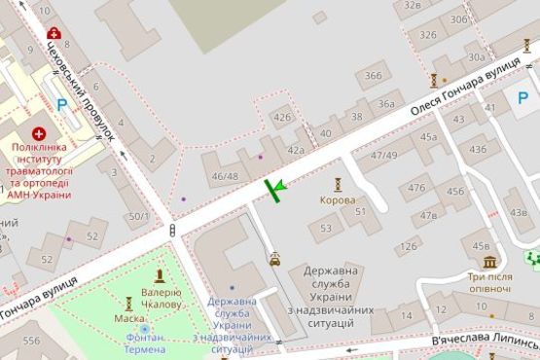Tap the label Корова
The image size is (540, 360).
point(338,200)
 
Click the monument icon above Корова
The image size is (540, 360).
point(338,184)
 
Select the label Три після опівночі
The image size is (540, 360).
point(489,282)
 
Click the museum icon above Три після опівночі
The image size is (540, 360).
point(489,262)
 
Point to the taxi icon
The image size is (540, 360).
point(276,259)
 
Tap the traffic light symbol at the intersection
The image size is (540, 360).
point(173,231)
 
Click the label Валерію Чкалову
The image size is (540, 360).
point(161,298)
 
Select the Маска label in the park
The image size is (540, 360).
point(129,318)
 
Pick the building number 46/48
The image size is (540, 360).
point(224,176)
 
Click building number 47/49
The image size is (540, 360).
point(383,155)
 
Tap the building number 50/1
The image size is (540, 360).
point(138,216)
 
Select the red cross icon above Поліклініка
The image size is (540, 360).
point(38,133)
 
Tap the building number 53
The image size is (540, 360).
point(325,229)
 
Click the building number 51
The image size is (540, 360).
point(360,211)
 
